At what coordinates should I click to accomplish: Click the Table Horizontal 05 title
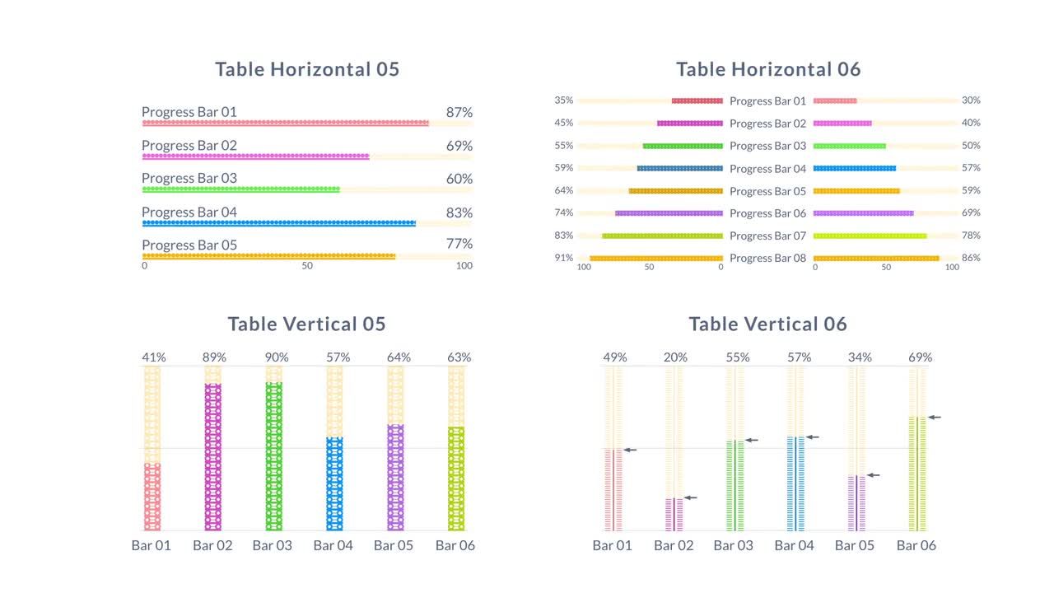click(307, 69)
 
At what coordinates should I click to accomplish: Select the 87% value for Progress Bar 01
click(459, 112)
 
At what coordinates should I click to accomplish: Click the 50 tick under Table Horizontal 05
click(307, 266)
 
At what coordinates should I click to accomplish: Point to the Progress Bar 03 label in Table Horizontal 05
click(189, 179)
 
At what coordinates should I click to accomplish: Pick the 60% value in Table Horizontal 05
click(459, 179)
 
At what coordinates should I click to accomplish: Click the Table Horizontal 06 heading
click(768, 69)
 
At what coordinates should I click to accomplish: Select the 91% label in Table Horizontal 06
click(563, 258)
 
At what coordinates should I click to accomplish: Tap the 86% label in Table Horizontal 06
click(971, 258)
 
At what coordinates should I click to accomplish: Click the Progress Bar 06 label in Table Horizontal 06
click(767, 213)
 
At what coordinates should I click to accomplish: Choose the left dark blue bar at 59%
click(679, 168)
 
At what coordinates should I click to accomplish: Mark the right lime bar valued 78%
click(870, 236)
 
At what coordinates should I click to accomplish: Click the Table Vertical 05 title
click(306, 324)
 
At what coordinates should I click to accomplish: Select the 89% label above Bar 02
click(214, 357)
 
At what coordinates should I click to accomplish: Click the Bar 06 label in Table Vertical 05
click(455, 545)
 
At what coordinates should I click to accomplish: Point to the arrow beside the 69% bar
click(934, 418)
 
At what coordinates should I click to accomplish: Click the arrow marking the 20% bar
click(690, 497)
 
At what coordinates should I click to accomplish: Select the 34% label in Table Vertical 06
click(860, 357)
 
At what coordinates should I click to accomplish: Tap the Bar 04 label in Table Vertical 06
click(795, 545)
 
